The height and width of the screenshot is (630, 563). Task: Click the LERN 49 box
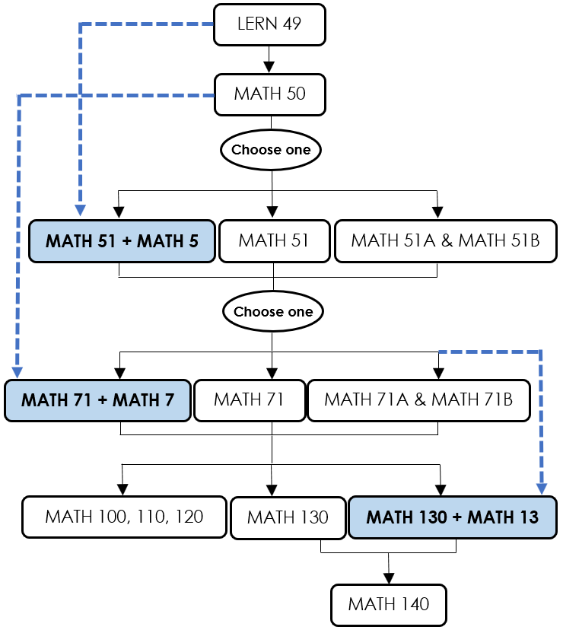(x=269, y=24)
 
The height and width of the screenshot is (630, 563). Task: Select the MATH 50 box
(x=269, y=95)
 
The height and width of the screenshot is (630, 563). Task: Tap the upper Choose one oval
(x=271, y=150)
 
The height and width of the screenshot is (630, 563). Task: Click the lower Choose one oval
(x=273, y=311)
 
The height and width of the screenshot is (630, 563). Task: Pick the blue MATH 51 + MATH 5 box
(x=122, y=241)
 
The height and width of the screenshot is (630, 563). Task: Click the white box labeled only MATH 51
(x=275, y=241)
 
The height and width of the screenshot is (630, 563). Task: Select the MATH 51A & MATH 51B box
(x=446, y=241)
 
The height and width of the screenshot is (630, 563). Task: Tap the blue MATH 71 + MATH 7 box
(x=97, y=400)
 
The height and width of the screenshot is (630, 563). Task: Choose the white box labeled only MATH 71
(x=250, y=400)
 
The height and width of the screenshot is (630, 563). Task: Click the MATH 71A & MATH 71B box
(x=418, y=400)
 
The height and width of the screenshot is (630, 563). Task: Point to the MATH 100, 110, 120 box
(x=125, y=517)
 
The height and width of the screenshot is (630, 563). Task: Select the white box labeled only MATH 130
(x=288, y=518)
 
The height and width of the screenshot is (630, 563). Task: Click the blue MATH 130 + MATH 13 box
(x=453, y=517)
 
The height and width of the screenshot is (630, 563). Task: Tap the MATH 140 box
(x=389, y=605)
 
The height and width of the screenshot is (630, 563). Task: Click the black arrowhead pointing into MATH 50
(x=269, y=67)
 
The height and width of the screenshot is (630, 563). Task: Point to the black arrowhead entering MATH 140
(x=389, y=577)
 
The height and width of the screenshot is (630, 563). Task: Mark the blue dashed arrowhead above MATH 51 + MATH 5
(x=81, y=210)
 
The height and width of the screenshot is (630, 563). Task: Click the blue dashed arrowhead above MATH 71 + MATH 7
(x=17, y=373)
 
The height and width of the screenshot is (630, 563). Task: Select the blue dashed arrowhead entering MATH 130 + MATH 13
(x=541, y=489)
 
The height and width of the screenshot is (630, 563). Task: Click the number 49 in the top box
(x=292, y=24)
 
